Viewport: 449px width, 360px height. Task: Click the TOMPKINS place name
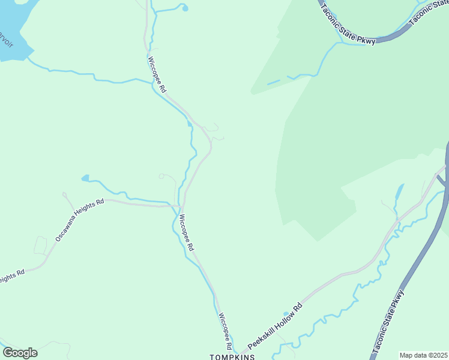(232, 356)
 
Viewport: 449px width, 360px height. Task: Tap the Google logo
(20, 353)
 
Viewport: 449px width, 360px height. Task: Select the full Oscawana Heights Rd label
(79, 220)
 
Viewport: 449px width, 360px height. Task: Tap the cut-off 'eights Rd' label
(12, 274)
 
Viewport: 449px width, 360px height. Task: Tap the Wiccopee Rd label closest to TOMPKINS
(224, 331)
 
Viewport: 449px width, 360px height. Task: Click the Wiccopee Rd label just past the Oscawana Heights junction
(187, 232)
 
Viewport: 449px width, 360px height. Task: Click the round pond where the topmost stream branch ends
(184, 8)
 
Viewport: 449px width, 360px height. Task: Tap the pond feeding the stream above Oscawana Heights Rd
(85, 178)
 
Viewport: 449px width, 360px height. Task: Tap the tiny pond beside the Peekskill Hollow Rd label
(285, 313)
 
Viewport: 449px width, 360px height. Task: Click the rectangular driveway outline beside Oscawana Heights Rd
(40, 245)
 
